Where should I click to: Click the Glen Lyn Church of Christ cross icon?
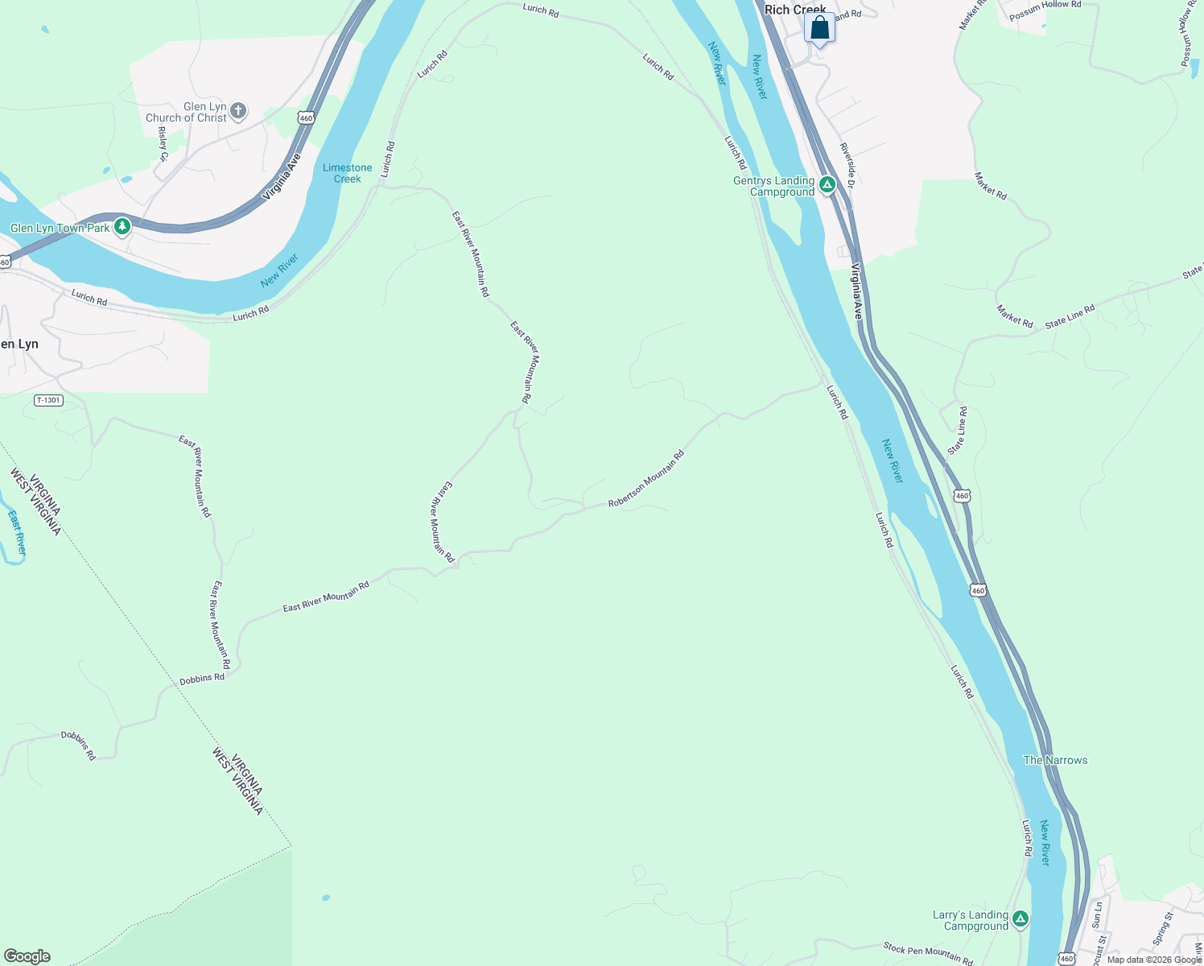click(x=238, y=111)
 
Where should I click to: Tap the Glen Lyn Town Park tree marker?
click(x=122, y=227)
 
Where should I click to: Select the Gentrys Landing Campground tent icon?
click(x=827, y=186)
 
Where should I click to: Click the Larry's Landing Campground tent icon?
click(x=1021, y=919)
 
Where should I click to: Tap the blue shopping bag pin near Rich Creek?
click(x=819, y=28)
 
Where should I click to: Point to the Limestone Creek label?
click(x=348, y=173)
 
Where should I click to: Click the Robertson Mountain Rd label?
click(x=646, y=479)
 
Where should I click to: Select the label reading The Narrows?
click(x=1055, y=760)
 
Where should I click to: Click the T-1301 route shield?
click(x=48, y=400)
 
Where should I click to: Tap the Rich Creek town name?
click(x=795, y=10)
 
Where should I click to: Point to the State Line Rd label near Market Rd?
click(x=1070, y=316)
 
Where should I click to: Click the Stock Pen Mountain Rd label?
click(x=928, y=953)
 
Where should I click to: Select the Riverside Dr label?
click(x=847, y=166)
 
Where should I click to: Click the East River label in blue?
click(x=17, y=533)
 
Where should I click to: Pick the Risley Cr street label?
click(x=163, y=143)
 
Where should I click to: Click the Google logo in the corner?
click(x=27, y=956)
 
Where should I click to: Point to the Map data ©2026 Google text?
click(x=1154, y=960)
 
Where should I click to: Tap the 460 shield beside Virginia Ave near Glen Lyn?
click(x=306, y=118)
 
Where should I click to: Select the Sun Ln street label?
click(x=1098, y=914)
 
